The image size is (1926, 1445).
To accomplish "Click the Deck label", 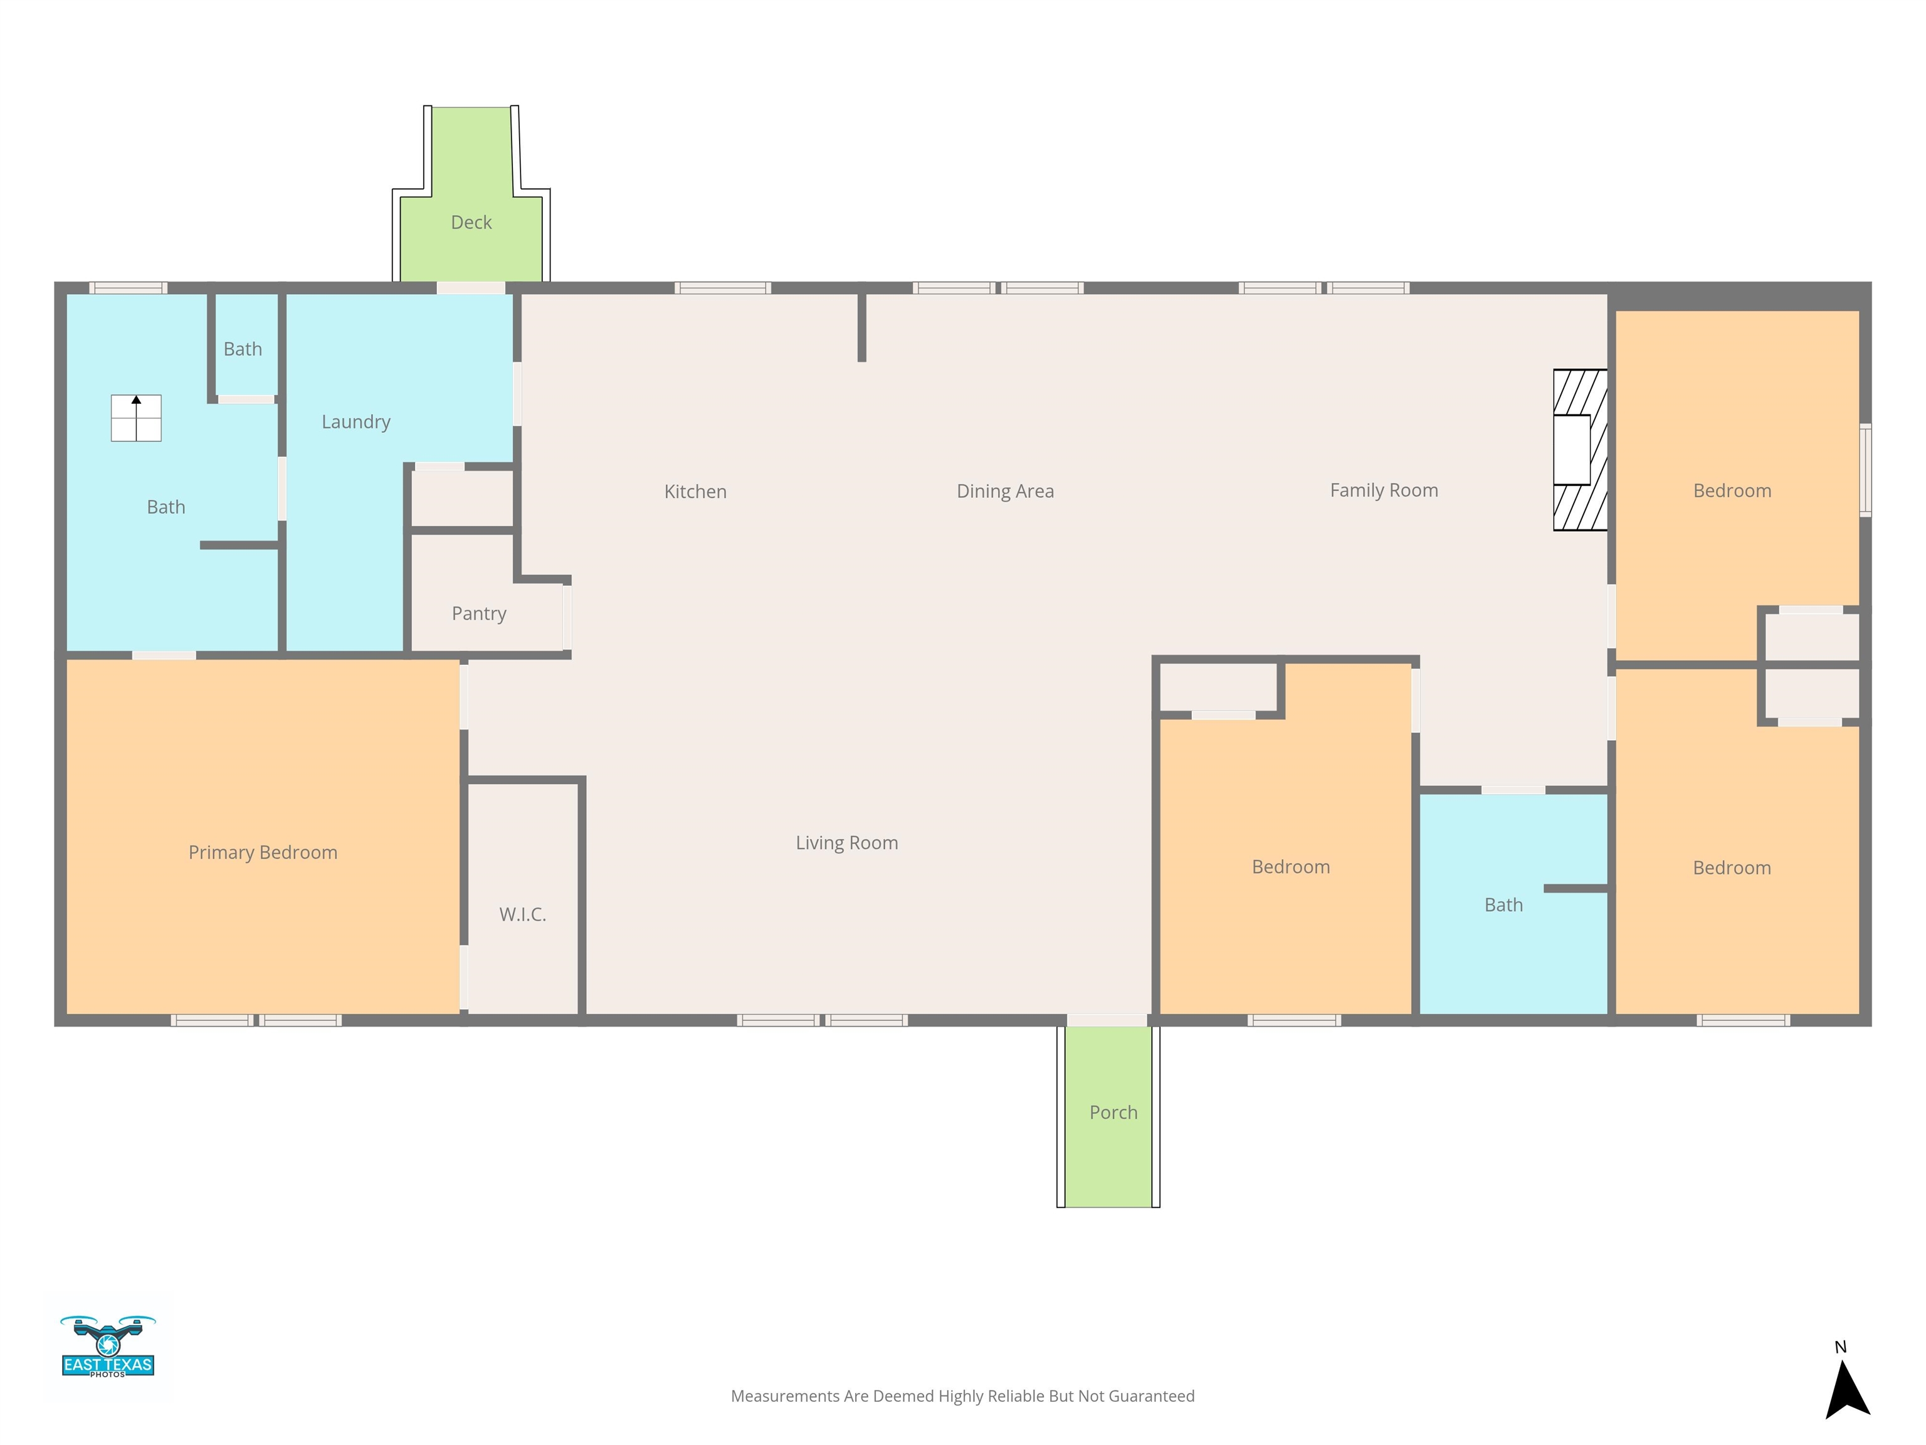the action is coord(471,223).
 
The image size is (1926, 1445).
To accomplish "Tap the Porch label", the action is coord(1113,1112).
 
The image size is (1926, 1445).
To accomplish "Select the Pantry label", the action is coord(479,614).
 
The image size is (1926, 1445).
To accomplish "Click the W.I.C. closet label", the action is coord(522,914).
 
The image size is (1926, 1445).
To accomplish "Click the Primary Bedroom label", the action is coord(263,853).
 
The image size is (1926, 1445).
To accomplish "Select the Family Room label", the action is coord(1384,490).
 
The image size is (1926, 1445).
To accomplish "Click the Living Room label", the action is coord(846,843).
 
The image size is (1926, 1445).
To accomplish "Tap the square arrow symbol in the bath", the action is coord(136,418).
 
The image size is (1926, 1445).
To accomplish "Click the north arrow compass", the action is coord(1847,1391).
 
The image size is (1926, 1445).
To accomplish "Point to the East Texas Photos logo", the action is coord(108,1347).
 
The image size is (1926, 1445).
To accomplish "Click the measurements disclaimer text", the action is coord(962,1396).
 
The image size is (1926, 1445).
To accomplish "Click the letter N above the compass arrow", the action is coord(1841,1347).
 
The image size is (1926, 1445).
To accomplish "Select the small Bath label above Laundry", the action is coord(242,349).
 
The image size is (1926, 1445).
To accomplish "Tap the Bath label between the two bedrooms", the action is coord(1503,905).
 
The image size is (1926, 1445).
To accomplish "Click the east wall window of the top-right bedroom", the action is coord(1865,470).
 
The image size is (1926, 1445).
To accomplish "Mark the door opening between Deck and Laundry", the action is coord(471,288).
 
